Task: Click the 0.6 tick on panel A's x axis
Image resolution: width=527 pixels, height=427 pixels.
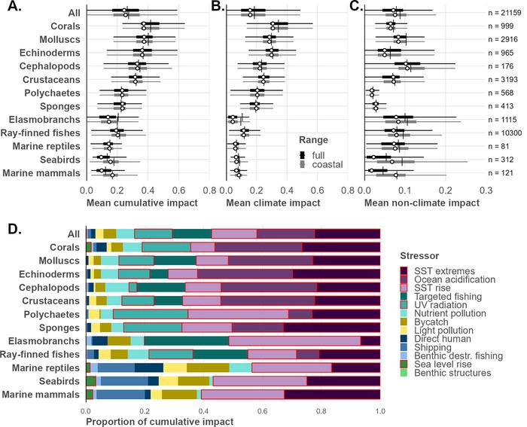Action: tap(178, 192)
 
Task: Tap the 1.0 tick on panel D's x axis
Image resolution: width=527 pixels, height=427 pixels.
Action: tap(380, 411)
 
